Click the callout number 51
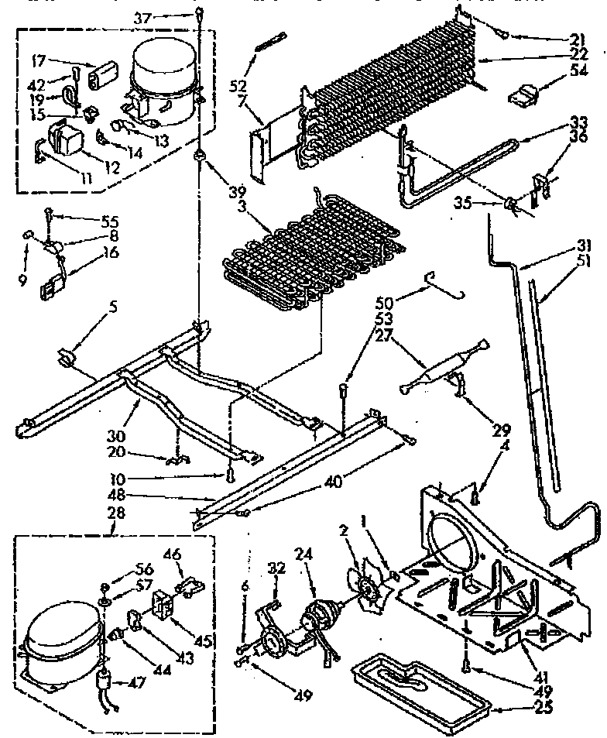click(x=585, y=260)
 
